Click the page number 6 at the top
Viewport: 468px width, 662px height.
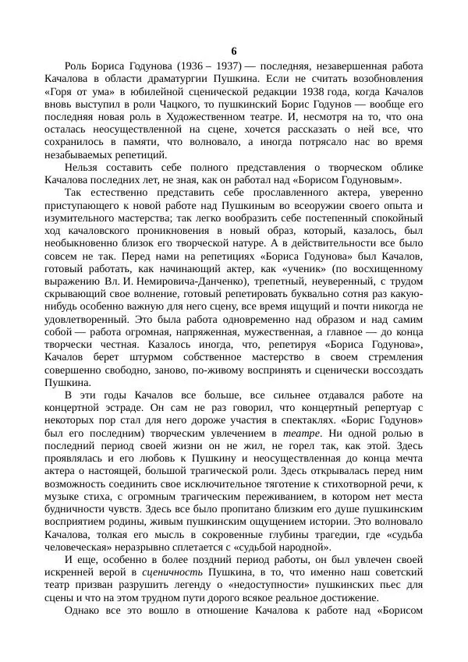point(234,51)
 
